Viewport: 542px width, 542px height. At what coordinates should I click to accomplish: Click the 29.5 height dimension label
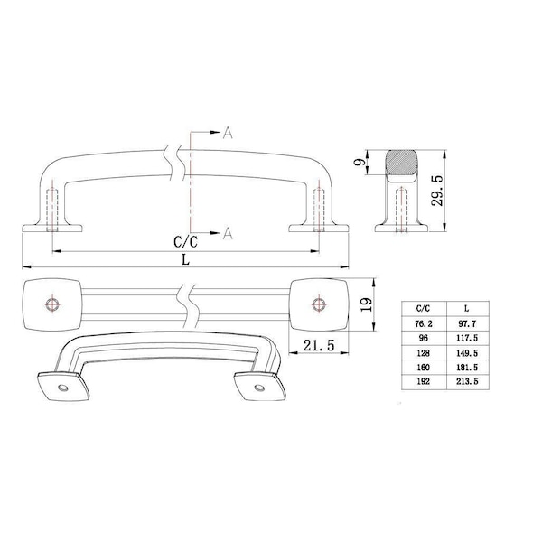pos(437,191)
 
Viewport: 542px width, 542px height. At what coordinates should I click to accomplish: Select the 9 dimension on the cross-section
pos(360,162)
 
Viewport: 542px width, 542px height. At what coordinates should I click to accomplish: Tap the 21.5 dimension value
pos(319,345)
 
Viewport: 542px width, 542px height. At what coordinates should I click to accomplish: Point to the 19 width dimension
pos(367,304)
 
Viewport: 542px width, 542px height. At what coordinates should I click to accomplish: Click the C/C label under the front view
pos(185,241)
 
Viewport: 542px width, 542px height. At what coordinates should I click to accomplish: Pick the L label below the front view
pos(186,259)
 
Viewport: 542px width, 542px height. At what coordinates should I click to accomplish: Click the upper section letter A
pos(228,133)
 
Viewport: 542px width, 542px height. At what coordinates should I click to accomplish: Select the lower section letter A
pos(228,233)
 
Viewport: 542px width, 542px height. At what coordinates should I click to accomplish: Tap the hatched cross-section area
pos(401,162)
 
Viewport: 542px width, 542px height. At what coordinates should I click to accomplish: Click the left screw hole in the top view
pos(52,304)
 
